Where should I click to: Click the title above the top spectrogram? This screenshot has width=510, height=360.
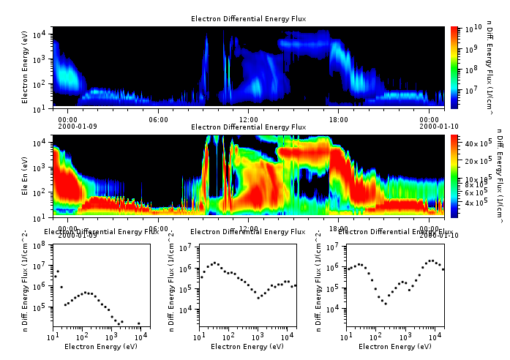[248, 18]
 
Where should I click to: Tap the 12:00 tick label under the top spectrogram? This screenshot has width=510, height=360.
[249, 119]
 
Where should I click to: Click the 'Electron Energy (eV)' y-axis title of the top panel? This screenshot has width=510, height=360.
[26, 67]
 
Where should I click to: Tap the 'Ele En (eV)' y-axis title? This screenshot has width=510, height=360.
[26, 176]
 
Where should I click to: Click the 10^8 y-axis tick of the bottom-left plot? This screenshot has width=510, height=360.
[42, 244]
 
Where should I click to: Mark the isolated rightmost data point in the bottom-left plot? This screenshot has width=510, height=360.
[138, 323]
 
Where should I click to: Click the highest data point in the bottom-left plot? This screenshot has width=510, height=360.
[58, 271]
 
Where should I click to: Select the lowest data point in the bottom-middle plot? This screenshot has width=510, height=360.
[258, 298]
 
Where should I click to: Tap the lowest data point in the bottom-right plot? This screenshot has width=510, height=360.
[386, 303]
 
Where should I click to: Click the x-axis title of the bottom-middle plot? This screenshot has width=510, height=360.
[247, 346]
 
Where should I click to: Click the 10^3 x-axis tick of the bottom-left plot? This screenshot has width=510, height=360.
[111, 337]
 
